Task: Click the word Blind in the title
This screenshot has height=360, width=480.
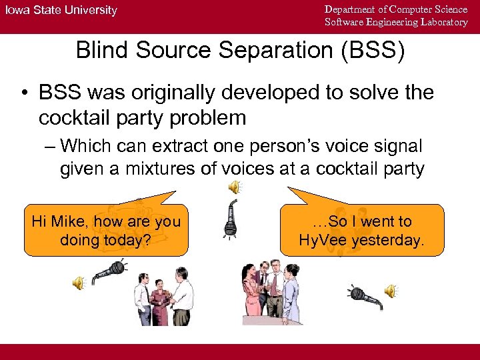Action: point(99,51)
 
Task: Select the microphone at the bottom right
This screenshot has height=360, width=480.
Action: point(365,297)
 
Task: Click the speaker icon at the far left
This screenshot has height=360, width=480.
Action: point(79,283)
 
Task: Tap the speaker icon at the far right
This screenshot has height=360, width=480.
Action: point(391,291)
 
